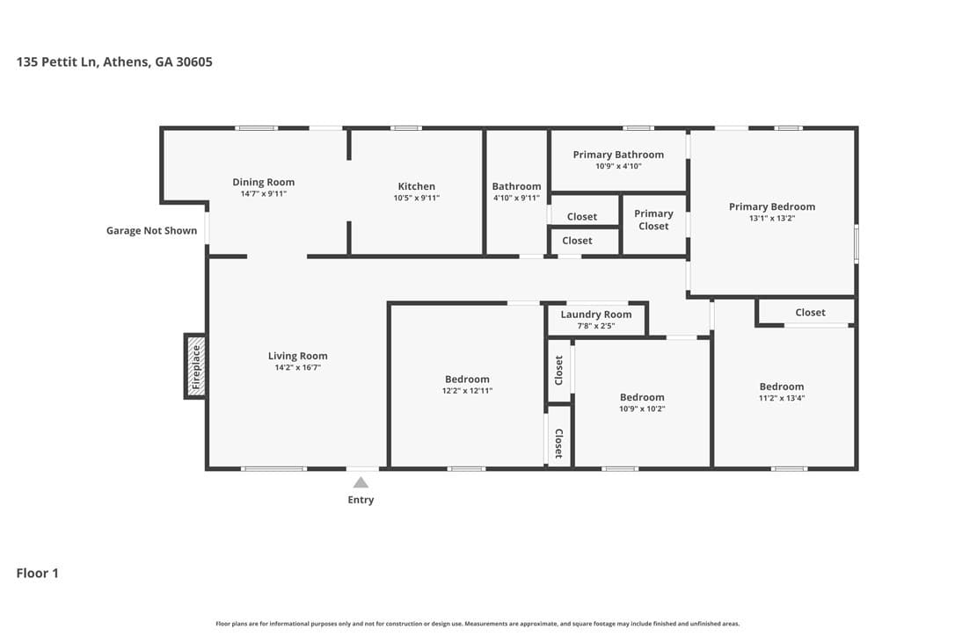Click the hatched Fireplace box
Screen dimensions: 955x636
click(195, 366)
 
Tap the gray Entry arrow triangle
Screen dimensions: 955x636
click(361, 482)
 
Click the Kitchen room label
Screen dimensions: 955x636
click(417, 186)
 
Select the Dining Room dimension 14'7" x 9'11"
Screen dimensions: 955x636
click(263, 194)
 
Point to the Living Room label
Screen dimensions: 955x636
click(298, 356)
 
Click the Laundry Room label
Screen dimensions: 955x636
click(595, 314)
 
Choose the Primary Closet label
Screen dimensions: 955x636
click(653, 220)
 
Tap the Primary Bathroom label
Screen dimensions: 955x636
click(618, 155)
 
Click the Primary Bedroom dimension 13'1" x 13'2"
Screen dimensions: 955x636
click(772, 219)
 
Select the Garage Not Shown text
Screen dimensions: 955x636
click(151, 231)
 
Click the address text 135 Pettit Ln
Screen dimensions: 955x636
click(56, 61)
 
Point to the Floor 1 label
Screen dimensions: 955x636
click(37, 573)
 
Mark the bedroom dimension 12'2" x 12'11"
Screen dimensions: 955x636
click(467, 391)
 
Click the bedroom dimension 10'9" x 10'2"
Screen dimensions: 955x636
click(642, 409)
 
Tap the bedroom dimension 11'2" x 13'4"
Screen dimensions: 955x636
click(782, 398)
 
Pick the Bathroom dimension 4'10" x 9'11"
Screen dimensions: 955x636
click(516, 198)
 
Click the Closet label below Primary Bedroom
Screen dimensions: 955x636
click(810, 312)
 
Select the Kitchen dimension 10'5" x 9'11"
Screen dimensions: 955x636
click(417, 198)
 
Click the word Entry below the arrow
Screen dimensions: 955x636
click(361, 500)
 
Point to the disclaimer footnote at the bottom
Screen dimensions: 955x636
click(477, 624)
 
